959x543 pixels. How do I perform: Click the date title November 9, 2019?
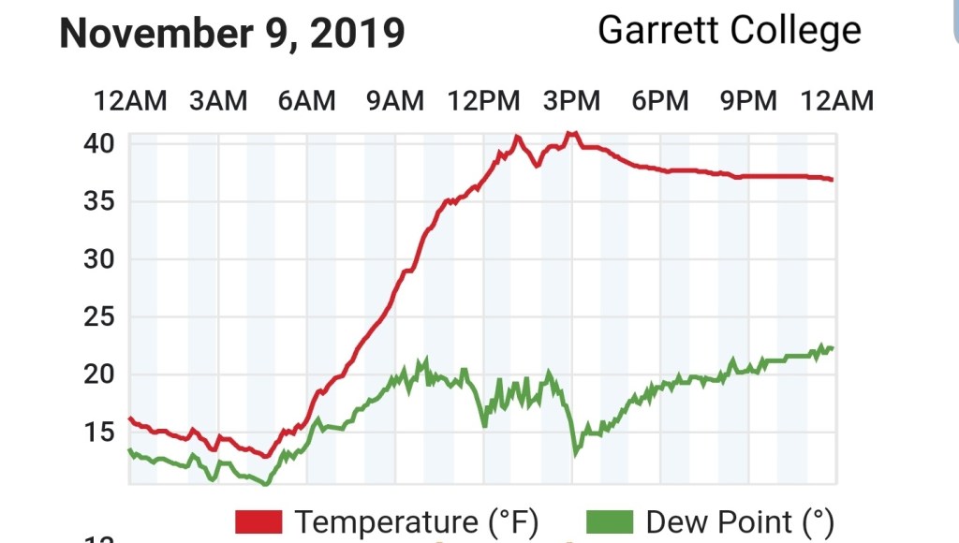click(231, 34)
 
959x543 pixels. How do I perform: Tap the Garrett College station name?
click(729, 31)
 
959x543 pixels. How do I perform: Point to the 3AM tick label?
click(218, 100)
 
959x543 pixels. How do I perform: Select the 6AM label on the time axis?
click(306, 100)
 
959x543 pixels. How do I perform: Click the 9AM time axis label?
click(394, 100)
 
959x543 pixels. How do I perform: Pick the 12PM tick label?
click(484, 100)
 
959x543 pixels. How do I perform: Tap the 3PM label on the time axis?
click(571, 100)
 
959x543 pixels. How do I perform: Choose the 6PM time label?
click(660, 100)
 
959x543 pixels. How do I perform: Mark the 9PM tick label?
click(748, 100)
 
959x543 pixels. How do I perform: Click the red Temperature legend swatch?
click(258, 521)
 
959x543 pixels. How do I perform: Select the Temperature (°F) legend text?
click(417, 521)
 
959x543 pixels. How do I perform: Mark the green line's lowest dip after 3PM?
click(576, 454)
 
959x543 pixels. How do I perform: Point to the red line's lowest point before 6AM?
click(267, 457)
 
